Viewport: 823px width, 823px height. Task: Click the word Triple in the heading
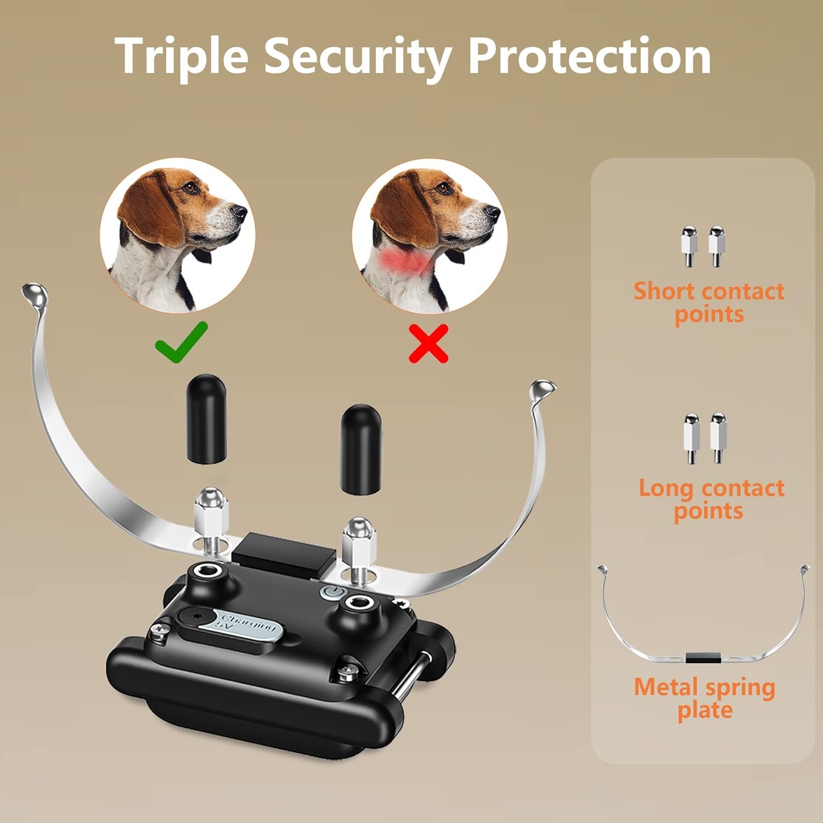[x=182, y=57]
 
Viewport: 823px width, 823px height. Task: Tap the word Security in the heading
[x=358, y=57]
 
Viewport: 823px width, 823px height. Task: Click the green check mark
[x=181, y=341]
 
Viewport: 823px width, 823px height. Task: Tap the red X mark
[x=429, y=343]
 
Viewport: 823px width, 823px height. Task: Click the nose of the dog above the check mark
[x=240, y=210]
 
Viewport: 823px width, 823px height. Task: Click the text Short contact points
[x=709, y=302]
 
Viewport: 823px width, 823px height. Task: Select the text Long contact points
[x=711, y=499]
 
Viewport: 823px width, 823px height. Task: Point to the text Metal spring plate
[x=704, y=698]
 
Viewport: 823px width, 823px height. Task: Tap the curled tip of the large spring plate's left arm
[x=33, y=295]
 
